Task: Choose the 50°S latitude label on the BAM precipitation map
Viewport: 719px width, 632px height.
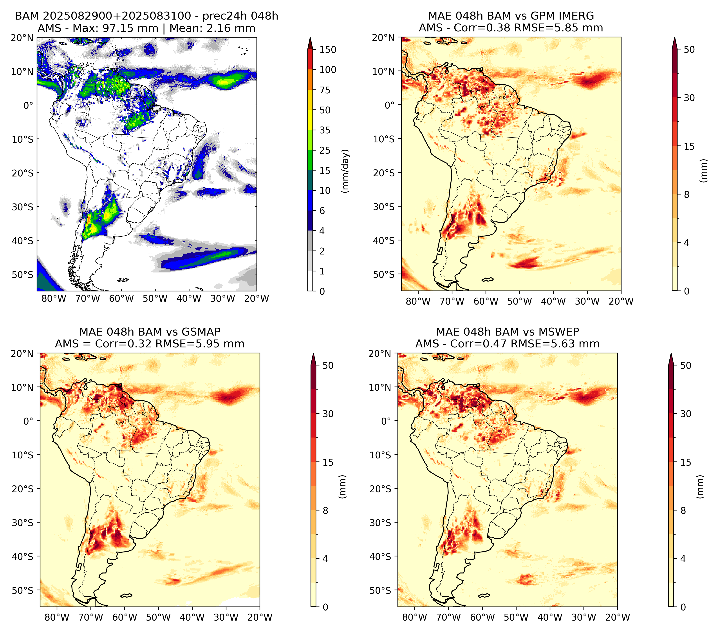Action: coord(23,274)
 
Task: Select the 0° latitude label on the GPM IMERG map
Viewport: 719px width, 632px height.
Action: coord(389,105)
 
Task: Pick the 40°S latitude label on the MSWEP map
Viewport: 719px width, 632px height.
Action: coord(380,556)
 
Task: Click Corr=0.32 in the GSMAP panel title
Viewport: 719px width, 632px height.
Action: coord(124,344)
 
